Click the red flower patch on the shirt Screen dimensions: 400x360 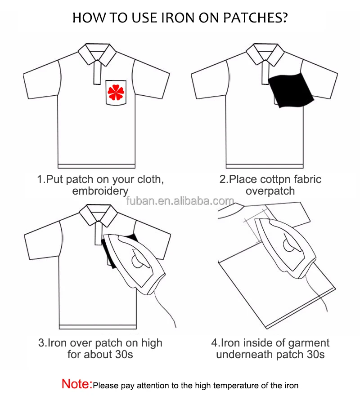tap(116, 92)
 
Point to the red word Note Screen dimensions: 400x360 tap(76, 384)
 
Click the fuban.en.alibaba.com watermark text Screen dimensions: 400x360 tap(180, 201)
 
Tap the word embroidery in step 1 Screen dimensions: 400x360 tap(100, 191)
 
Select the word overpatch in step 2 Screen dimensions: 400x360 tap(270, 191)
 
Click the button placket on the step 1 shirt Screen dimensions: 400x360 tap(96, 72)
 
